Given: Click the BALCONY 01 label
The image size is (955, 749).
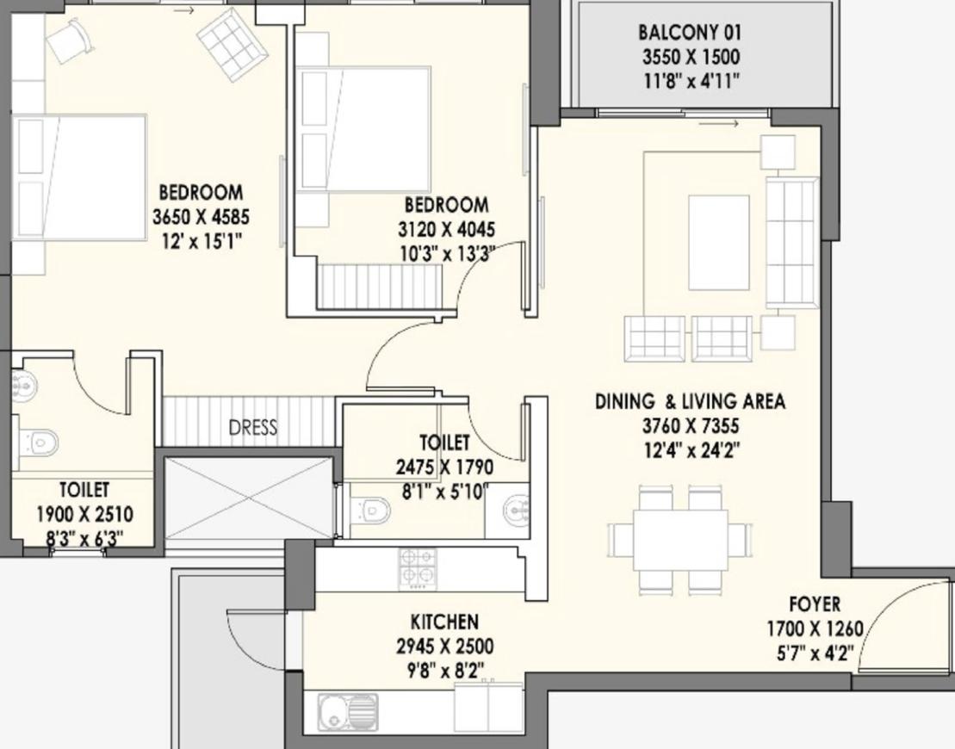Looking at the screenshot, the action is pos(690,32).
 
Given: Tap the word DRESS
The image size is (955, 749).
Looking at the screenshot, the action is pos(253,428).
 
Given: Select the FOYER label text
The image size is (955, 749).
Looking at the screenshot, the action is pos(815,604).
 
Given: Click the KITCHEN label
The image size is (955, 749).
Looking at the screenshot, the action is pos(444,622).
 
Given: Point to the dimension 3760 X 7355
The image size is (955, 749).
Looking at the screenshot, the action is pos(691,425).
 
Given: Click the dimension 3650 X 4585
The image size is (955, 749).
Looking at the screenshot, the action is pos(201,217).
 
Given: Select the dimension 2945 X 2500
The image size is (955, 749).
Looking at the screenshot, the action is pos(444,646).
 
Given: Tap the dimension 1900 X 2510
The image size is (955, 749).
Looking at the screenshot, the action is pos(84,515).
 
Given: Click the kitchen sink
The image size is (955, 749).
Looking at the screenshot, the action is pos(347,711).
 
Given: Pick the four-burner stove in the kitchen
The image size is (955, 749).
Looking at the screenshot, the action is pos(418,569).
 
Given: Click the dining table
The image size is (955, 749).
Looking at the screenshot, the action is pos(680,540).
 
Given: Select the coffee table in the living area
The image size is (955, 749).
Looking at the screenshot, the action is pos(719,243).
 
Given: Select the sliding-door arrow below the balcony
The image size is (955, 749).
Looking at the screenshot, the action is pos(719,124).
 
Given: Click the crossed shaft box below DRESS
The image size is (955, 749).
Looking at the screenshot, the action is pos(249,498).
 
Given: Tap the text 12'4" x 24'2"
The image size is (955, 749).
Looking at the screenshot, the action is pos(691,450).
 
